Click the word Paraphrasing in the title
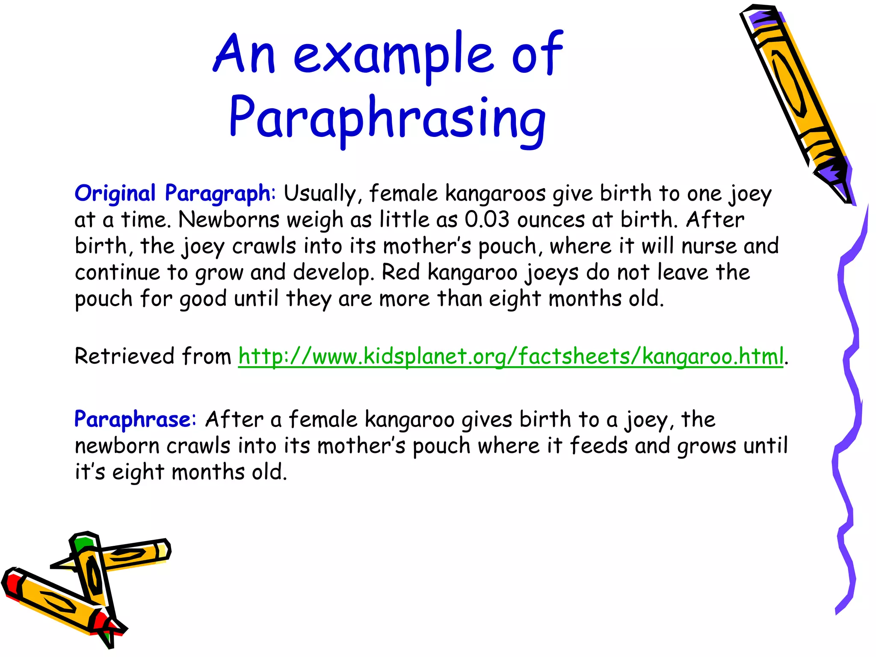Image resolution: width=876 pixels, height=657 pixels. point(387,118)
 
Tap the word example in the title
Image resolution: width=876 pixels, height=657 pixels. point(394,56)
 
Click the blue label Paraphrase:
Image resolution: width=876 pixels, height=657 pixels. point(135,419)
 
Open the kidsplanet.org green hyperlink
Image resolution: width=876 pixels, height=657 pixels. point(511,356)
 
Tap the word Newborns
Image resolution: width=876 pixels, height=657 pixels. point(229,220)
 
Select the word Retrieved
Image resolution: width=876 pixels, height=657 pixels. point(124,356)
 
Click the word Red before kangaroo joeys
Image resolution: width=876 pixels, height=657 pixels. point(401,272)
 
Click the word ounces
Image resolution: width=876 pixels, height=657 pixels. point(550,220)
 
